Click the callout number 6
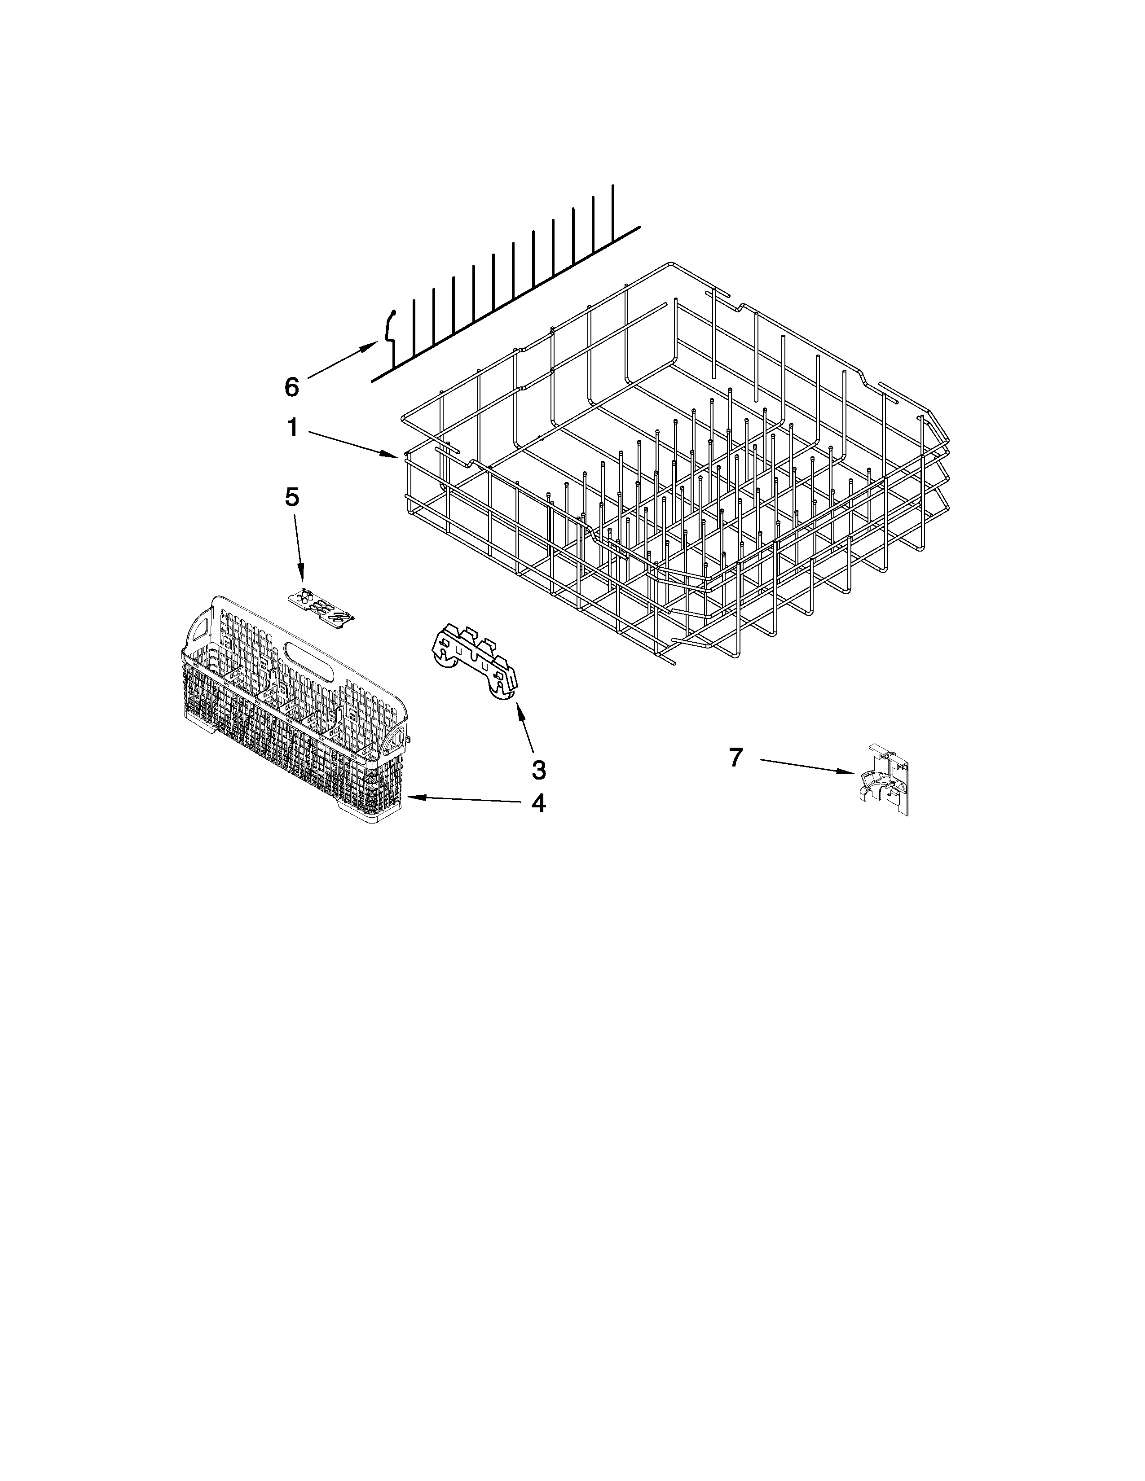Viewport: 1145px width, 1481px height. click(291, 387)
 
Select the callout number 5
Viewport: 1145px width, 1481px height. click(291, 497)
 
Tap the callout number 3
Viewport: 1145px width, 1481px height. click(538, 770)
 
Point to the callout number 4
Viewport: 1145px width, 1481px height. click(538, 804)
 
